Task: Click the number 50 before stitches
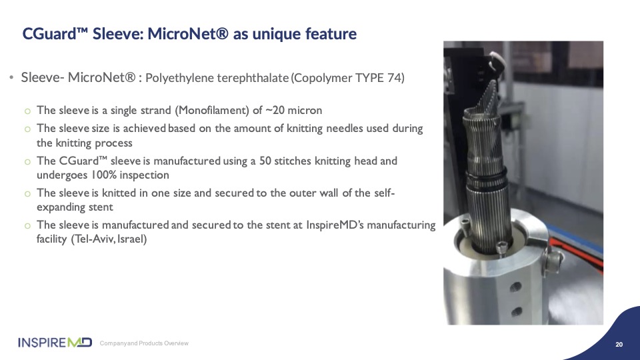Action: click(x=265, y=161)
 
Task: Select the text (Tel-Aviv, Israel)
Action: click(x=109, y=239)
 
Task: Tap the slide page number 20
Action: click(x=619, y=345)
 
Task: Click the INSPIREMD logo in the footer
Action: click(x=55, y=343)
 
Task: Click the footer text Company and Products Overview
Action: click(x=144, y=343)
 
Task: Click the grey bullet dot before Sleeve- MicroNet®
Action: click(x=11, y=77)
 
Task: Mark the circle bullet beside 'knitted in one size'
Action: click(x=27, y=193)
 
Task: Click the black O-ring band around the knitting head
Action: click(x=487, y=179)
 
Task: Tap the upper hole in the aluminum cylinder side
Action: click(x=515, y=287)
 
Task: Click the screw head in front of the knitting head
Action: click(x=501, y=247)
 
